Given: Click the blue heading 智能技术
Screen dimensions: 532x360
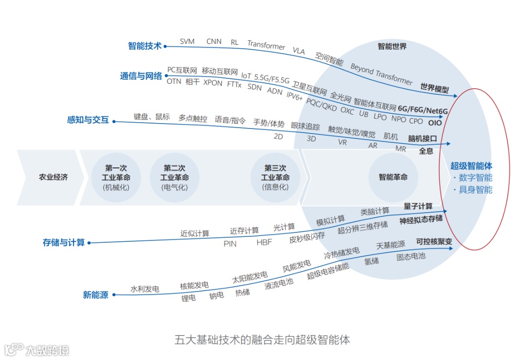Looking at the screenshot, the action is click(145, 46).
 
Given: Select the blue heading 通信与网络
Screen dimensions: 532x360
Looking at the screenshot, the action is click(141, 76).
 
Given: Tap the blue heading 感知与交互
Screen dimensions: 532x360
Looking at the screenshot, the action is click(88, 120).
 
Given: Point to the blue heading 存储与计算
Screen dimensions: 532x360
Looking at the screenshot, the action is click(64, 242).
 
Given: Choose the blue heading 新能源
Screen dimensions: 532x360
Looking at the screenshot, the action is click(96, 295).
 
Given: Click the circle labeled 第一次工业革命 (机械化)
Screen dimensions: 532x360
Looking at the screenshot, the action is click(116, 177).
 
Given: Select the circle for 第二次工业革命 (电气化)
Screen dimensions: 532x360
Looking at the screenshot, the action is click(174, 177).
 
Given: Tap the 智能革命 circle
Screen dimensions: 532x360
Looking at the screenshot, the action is click(393, 177).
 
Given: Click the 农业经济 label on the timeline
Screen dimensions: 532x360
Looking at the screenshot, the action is click(53, 177).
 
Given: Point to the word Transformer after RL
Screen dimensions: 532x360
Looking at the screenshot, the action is click(266, 45).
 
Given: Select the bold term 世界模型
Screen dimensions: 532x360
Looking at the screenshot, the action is click(434, 88).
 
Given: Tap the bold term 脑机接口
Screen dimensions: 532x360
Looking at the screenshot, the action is click(423, 139).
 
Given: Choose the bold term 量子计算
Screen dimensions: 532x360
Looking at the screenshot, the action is click(418, 206).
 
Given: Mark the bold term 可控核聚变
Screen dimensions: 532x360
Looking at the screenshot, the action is click(434, 242).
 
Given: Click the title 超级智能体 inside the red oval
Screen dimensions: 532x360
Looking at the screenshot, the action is click(471, 166).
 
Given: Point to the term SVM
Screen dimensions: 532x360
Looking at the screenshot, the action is click(187, 42).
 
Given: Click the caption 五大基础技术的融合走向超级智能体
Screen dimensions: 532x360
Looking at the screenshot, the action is click(262, 340).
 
